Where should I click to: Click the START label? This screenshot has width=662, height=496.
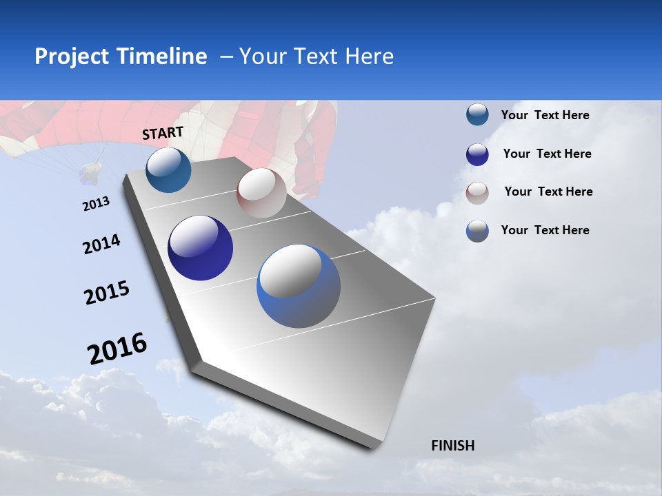click(163, 133)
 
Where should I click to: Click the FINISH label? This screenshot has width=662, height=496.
click(452, 446)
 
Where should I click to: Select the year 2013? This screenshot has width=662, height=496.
click(96, 204)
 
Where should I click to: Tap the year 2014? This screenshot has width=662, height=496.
click(101, 245)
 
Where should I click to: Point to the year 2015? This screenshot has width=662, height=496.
click(106, 293)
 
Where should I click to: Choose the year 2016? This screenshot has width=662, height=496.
click(117, 349)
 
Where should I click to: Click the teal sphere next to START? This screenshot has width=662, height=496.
click(168, 170)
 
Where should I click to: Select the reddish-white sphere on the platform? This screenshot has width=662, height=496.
click(261, 193)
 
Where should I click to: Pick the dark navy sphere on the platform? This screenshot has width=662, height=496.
click(200, 248)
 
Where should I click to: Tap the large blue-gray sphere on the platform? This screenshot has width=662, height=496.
click(299, 286)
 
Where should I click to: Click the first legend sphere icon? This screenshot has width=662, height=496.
click(477, 114)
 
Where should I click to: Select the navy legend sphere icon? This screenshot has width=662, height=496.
click(477, 154)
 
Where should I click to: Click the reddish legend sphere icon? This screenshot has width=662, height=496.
click(477, 193)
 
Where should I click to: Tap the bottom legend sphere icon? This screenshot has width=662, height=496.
click(477, 231)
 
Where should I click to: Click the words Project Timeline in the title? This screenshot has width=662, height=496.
click(121, 56)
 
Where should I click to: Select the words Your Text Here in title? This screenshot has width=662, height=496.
click(316, 56)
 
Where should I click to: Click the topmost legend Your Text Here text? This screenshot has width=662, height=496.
click(545, 116)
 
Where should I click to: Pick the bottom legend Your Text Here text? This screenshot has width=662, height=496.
click(545, 230)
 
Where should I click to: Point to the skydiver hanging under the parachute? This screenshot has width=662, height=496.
click(89, 174)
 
